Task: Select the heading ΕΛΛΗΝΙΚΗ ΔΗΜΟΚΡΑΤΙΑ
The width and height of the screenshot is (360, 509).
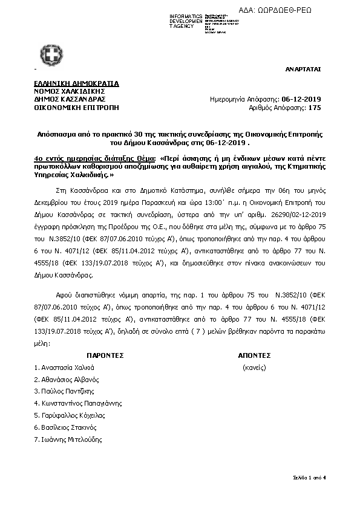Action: click(76, 83)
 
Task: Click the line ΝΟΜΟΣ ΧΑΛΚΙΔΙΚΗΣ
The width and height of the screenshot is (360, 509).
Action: click(66, 91)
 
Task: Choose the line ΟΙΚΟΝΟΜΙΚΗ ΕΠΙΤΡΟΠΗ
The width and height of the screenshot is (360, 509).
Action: click(76, 107)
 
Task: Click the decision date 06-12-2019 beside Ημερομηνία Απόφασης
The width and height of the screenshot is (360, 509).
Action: click(302, 99)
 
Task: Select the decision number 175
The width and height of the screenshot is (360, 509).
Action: click(315, 107)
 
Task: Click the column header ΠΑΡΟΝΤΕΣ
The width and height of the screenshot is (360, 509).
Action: click(105, 355)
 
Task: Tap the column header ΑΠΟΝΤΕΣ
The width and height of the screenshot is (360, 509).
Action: click(254, 355)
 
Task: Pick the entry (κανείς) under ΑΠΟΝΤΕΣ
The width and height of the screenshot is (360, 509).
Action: click(254, 368)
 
